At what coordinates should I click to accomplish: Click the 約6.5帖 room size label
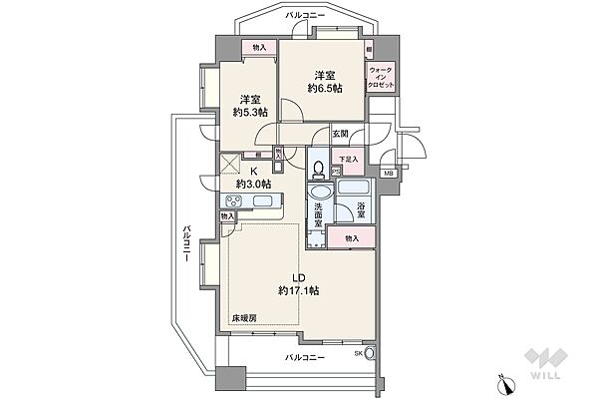pos(325,89)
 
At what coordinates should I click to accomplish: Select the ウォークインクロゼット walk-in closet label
pos(381,79)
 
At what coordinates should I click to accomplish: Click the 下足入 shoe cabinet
pos(347,159)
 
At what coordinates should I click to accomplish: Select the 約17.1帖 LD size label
pos(298,290)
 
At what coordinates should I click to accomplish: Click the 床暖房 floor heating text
pos(244,317)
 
